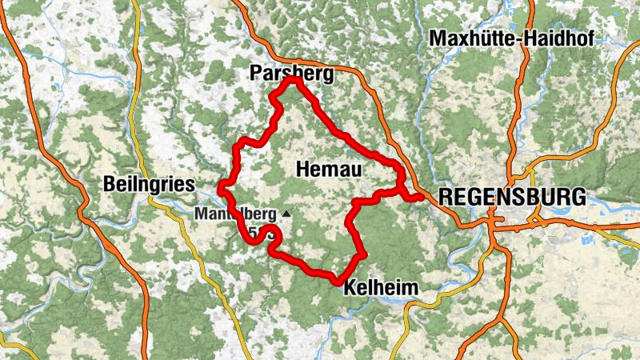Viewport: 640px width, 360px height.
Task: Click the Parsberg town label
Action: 290,74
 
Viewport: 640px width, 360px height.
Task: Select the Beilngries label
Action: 149,185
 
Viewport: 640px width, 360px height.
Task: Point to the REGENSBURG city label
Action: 512,197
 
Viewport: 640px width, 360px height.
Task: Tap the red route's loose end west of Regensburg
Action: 420,197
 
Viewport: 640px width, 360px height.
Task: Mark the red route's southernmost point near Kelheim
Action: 337,280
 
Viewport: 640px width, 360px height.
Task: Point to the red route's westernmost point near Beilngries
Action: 220,189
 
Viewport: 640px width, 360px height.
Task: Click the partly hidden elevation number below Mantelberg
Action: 255,233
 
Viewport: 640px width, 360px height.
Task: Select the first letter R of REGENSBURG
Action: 446,197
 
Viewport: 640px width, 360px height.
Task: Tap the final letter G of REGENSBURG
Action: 578,197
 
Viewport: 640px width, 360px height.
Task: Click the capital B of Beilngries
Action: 110,185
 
